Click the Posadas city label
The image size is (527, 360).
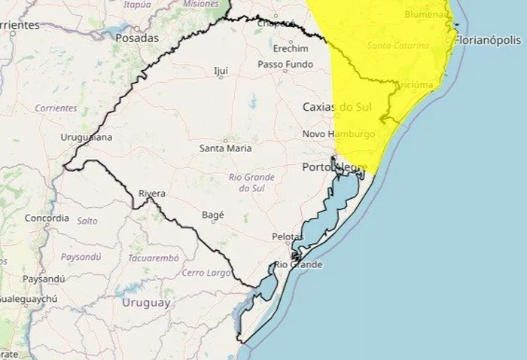pos(138,37)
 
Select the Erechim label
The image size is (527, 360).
pos(285,47)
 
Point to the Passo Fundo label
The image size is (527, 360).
pos(285,65)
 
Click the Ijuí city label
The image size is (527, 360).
pos(221,72)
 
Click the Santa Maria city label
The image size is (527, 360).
pos(225,148)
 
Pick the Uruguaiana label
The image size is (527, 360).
pos(87,137)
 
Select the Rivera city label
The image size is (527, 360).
pos(151,194)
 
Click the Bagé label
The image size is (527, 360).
pos(213,215)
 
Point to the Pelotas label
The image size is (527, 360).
pos(288,236)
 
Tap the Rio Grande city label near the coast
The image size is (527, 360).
pos(299,264)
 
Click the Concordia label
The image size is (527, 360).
pos(47,218)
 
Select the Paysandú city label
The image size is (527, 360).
pos(43,279)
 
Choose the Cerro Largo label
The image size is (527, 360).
pos(204,272)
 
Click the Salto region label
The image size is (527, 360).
pos(87,221)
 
